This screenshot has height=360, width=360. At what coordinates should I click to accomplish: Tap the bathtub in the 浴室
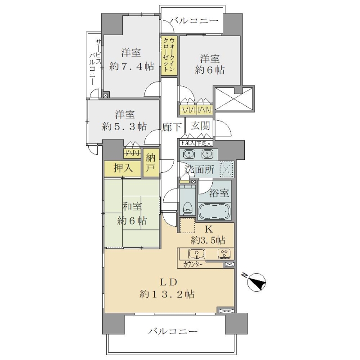click(215, 212)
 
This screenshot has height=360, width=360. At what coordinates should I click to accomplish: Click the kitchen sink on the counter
click(197, 254)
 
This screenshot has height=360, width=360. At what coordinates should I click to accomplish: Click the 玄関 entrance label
click(200, 126)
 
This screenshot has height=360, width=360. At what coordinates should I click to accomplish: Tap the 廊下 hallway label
click(172, 127)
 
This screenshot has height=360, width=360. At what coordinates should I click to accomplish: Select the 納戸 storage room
click(151, 162)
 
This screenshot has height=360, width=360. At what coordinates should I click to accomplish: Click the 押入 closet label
click(123, 168)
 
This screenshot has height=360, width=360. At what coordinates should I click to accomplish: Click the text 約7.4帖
click(131, 67)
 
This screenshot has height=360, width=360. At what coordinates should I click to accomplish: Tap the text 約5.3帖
click(125, 126)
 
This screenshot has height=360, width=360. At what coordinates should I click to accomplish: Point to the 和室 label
click(132, 207)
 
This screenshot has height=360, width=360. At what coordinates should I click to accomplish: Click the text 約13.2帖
click(167, 294)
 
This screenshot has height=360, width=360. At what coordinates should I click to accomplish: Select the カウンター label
click(193, 265)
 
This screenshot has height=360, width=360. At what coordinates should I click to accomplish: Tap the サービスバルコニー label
click(95, 62)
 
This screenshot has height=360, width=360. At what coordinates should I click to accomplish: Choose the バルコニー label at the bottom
click(173, 331)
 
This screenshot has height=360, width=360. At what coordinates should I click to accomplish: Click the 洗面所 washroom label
click(200, 170)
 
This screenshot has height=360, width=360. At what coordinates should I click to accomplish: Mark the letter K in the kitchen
click(208, 229)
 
